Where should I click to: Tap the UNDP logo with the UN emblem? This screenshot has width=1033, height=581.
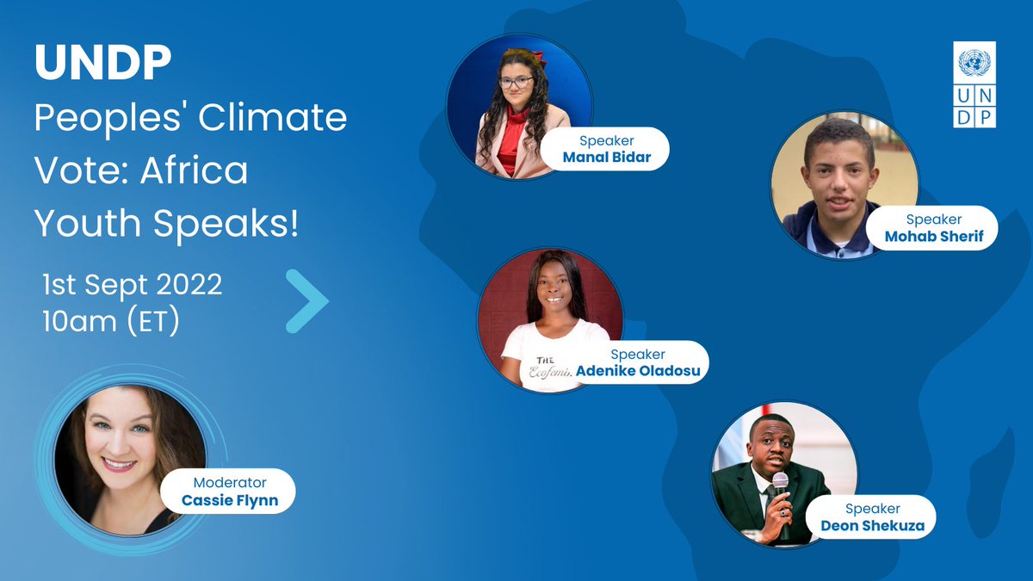(974, 87)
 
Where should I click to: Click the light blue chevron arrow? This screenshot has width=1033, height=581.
(308, 301)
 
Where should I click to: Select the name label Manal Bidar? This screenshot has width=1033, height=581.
(606, 149)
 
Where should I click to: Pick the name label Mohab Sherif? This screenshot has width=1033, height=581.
(933, 228)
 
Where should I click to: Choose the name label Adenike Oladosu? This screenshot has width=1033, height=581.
(637, 362)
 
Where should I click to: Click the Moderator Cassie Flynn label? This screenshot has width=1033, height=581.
(230, 491)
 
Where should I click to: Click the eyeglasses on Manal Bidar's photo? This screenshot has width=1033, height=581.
(516, 83)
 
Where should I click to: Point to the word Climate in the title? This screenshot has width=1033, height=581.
(273, 118)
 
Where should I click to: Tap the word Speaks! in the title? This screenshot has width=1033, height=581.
(226, 225)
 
